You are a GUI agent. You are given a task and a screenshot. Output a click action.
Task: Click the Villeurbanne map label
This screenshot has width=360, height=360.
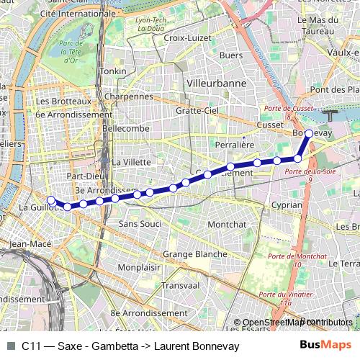point(216,83)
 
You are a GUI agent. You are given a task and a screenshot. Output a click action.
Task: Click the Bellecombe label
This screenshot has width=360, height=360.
point(126,128)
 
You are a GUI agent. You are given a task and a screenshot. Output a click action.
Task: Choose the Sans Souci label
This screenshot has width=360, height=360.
point(139,225)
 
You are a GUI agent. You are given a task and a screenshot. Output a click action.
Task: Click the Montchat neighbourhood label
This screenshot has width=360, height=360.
point(227,225)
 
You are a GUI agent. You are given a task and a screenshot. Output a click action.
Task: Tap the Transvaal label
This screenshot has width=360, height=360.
point(180,285)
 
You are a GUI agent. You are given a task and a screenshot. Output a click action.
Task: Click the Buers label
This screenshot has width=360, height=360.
point(230,55)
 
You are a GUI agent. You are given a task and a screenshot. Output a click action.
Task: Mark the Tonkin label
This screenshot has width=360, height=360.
point(113,71)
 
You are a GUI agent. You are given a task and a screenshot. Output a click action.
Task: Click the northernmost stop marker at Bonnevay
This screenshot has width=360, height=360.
point(309,133)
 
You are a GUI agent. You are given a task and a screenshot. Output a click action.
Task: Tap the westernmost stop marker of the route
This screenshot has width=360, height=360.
point(50,200)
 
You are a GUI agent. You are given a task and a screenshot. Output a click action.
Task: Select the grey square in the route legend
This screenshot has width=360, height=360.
point(9,346)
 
